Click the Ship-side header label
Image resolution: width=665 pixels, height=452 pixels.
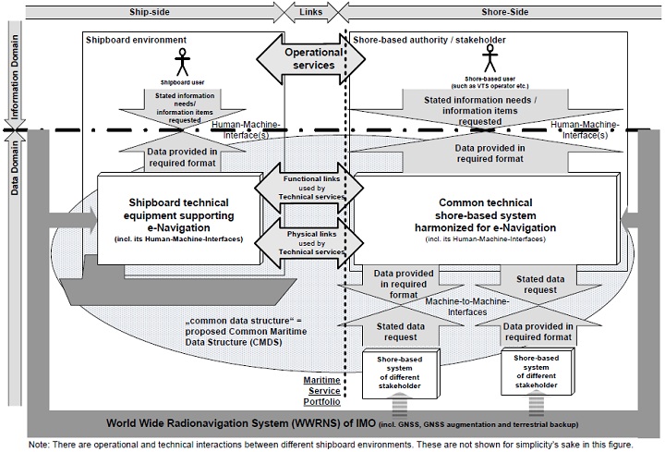pos(148,11)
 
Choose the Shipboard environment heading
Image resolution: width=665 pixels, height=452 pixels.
pos(136,41)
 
